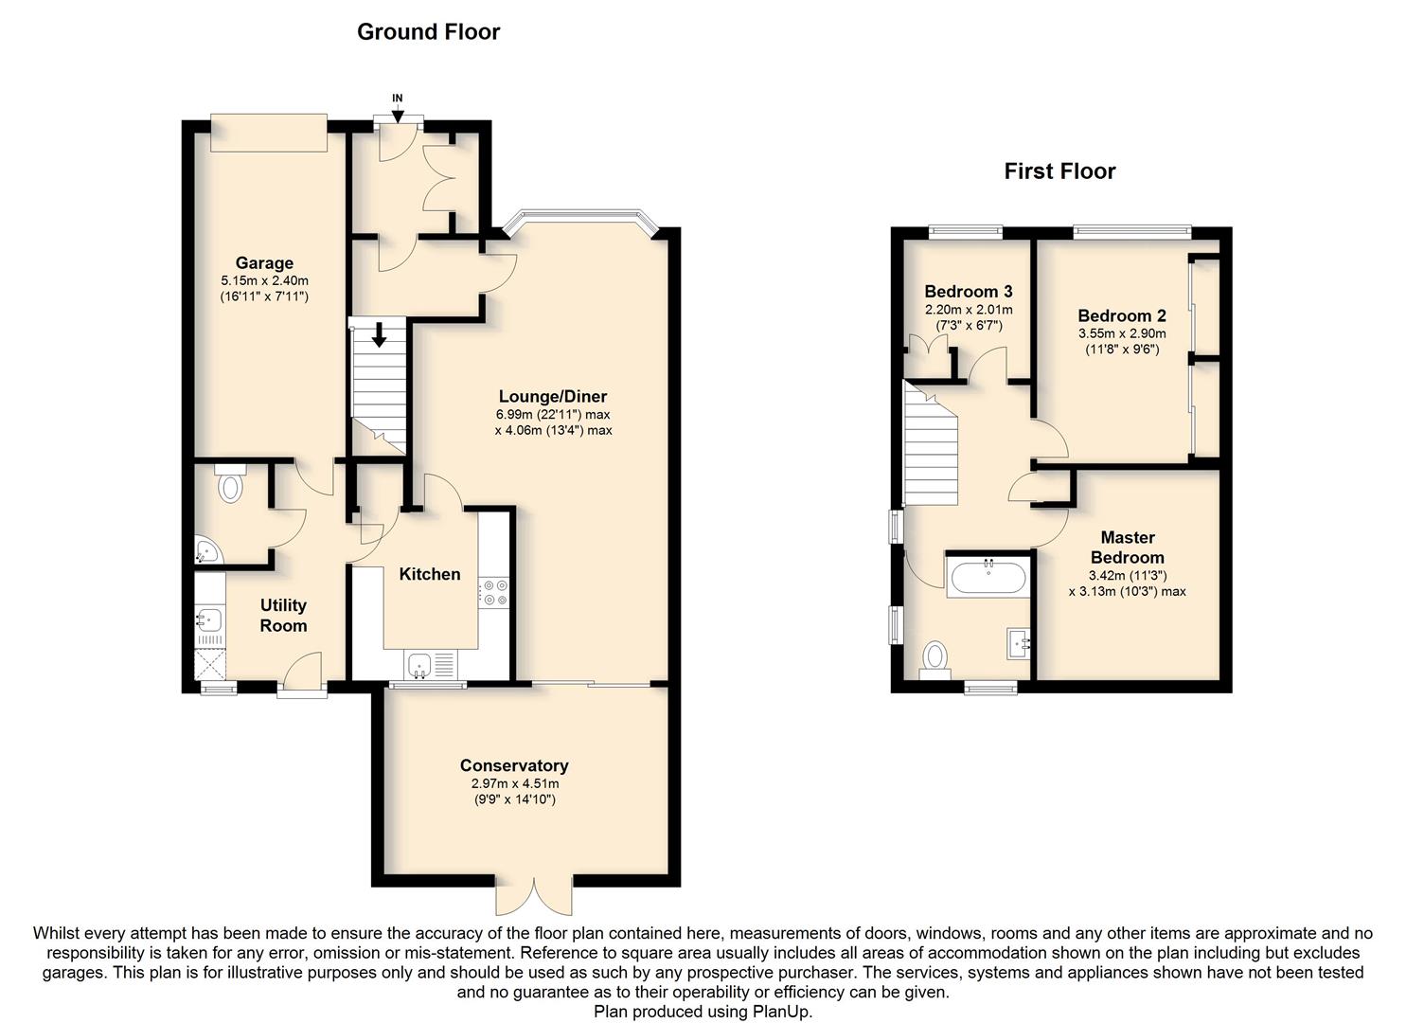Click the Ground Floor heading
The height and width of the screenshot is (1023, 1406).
click(428, 31)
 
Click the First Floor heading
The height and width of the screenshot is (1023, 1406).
click(1059, 171)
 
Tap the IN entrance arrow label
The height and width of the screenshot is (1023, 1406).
click(398, 98)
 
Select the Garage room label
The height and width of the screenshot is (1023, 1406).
click(264, 263)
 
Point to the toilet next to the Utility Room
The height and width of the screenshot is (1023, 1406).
click(230, 486)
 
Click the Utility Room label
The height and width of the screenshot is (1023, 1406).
click(283, 615)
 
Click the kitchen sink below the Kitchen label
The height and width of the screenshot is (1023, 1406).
click(419, 662)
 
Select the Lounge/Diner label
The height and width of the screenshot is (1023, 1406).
click(553, 397)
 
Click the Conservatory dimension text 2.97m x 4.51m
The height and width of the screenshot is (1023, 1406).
click(515, 784)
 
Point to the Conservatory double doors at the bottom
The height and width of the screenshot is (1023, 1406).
click(535, 895)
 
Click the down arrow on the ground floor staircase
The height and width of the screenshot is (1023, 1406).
click(379, 335)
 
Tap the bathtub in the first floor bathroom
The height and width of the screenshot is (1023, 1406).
click(987, 577)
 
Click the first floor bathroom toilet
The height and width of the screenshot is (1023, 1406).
click(935, 656)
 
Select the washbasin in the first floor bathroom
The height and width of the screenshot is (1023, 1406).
click(1020, 643)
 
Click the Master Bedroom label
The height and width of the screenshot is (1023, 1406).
click(1127, 547)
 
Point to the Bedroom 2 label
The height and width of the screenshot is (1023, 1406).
click(1121, 316)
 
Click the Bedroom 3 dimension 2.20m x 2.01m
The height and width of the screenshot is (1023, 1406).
click(968, 310)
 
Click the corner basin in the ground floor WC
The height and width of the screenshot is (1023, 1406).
click(206, 550)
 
